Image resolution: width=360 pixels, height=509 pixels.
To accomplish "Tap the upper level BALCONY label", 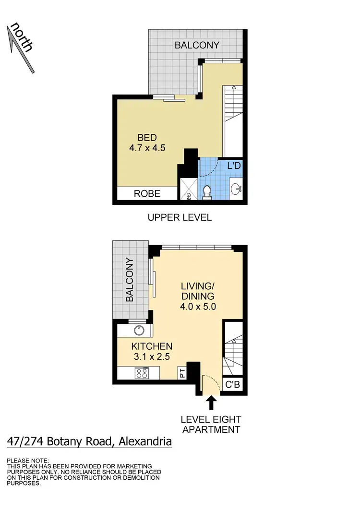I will (x=197, y=45).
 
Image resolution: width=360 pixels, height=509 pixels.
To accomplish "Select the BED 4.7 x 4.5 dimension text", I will (x=147, y=143).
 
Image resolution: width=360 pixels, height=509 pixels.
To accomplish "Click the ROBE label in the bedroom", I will (x=146, y=194).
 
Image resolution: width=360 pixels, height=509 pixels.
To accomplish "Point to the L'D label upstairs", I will (x=233, y=166).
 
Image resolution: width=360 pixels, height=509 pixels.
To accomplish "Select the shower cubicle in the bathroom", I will (x=188, y=189).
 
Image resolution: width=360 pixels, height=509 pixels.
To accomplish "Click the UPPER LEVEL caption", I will (x=180, y=217).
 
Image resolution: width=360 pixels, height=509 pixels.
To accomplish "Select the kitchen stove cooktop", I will (x=142, y=373).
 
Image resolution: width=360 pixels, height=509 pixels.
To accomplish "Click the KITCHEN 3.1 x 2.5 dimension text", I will (x=152, y=351).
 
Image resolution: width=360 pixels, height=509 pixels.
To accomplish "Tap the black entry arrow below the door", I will (x=210, y=402).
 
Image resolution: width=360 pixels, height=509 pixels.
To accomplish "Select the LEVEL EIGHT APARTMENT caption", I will (x=210, y=424).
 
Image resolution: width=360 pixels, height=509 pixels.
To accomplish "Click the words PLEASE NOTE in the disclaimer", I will (x=28, y=460).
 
